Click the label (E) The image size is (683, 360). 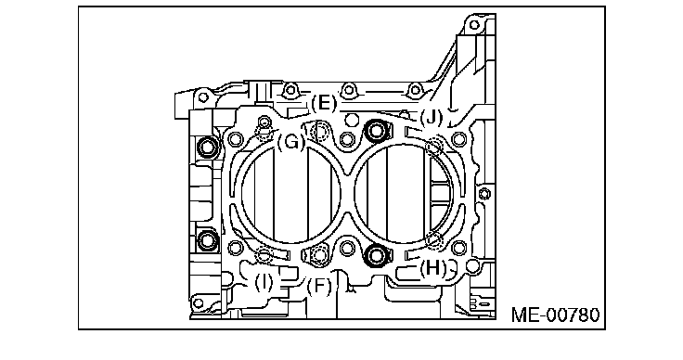(324, 104)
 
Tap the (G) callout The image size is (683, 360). (291, 142)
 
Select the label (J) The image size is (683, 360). (432, 117)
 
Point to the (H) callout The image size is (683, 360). (433, 268)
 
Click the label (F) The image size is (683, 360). (319, 287)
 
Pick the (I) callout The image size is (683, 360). (264, 283)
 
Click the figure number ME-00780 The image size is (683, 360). (555, 315)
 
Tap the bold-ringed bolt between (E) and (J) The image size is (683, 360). (377, 130)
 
